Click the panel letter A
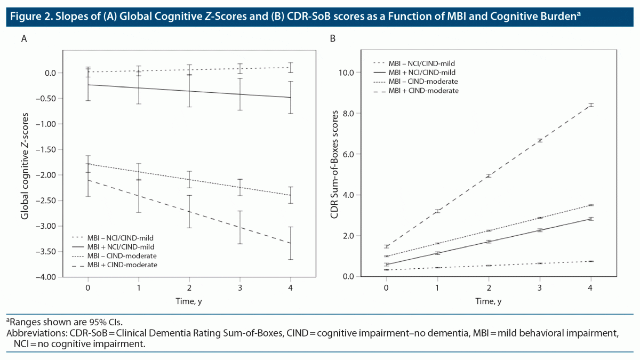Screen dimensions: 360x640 click(x=23, y=39)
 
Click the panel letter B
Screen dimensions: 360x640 click(x=333, y=39)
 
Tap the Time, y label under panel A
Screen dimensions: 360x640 click(x=189, y=301)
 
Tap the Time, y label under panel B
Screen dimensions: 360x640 click(x=489, y=301)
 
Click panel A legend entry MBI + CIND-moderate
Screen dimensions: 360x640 click(x=130, y=265)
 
